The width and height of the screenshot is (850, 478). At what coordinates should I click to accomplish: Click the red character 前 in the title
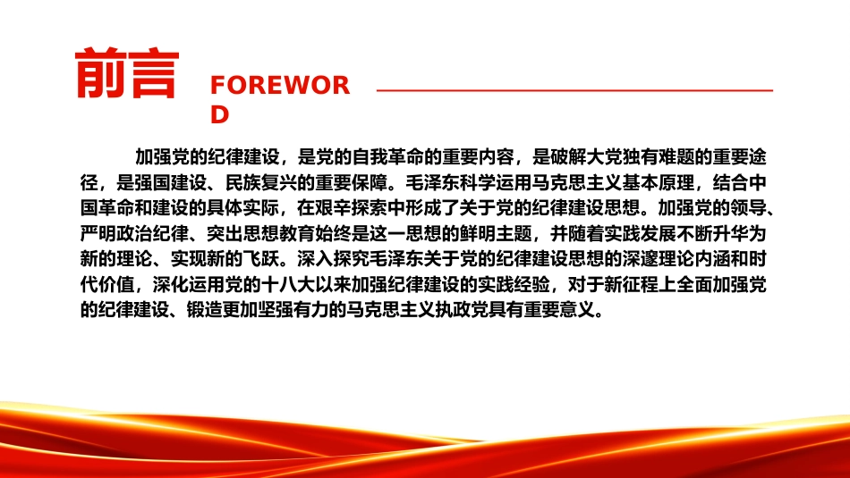click(100, 73)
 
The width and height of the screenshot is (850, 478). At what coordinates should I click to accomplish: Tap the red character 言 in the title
click(153, 73)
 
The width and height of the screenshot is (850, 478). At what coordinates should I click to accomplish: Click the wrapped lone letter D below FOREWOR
click(220, 114)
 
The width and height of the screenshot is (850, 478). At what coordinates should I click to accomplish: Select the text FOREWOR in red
click(280, 86)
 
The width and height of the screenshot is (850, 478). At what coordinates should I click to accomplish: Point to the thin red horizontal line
click(574, 90)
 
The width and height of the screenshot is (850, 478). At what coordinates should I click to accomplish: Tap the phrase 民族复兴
click(261, 182)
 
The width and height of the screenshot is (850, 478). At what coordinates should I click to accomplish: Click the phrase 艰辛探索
click(352, 208)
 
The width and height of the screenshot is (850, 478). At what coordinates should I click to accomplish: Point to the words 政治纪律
click(153, 233)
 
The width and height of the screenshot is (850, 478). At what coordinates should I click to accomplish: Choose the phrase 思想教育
click(279, 233)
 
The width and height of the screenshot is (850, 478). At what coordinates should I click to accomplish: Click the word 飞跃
click(261, 259)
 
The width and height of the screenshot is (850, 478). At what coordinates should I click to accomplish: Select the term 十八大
click(288, 284)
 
